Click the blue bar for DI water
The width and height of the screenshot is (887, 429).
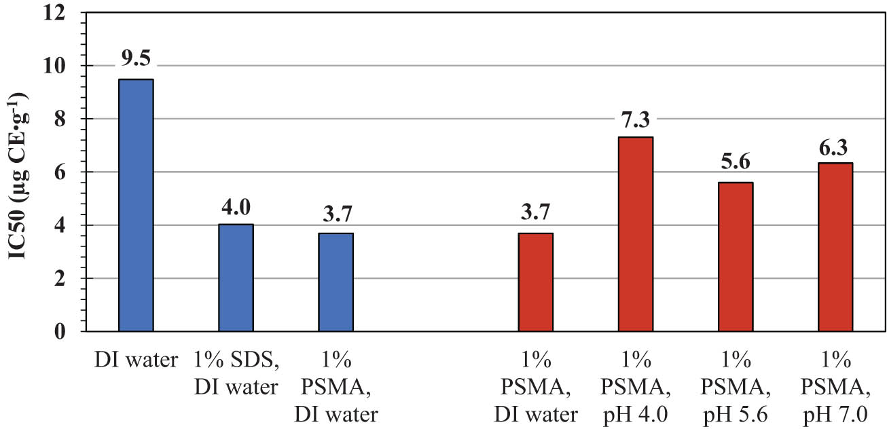136,205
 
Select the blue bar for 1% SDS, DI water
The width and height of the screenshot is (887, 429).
236,278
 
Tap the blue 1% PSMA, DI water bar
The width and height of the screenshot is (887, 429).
336,282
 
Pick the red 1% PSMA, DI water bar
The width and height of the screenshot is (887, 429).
535,282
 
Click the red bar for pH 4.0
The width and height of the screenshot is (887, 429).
635,234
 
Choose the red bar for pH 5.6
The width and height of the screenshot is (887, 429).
735,257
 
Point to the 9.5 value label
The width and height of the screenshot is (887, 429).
136,59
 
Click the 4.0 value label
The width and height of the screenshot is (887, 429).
236,206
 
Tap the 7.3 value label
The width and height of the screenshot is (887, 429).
635,120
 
